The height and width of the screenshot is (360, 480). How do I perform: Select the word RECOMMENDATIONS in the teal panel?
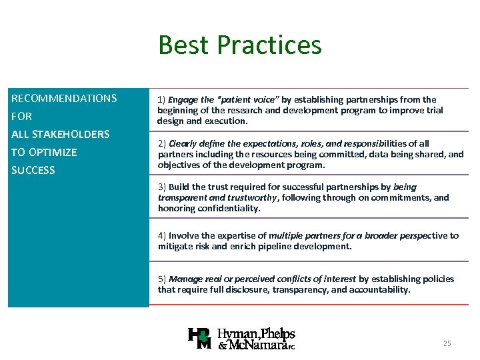[x=64, y=99]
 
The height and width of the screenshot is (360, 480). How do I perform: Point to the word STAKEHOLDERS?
[x=71, y=135]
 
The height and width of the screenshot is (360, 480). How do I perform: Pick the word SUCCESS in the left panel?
[x=33, y=171]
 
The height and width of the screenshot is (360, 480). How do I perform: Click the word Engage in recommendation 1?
[x=184, y=100]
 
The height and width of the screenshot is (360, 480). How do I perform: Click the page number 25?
[x=447, y=343]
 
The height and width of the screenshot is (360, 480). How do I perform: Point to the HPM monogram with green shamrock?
[x=200, y=339]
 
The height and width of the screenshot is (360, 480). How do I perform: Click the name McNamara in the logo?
[x=259, y=345]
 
